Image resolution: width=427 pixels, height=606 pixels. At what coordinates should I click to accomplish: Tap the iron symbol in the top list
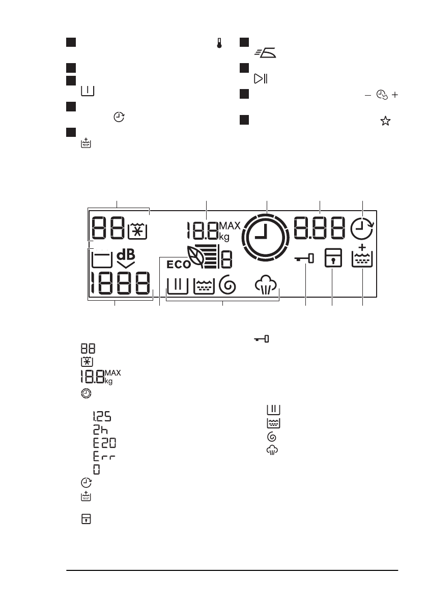tap(266, 52)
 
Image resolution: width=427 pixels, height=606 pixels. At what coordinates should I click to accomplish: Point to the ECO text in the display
tap(178, 264)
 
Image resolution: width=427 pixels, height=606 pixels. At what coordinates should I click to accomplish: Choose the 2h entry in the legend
tap(99, 429)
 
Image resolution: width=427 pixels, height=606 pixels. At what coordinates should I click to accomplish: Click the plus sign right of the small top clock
tap(395, 95)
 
